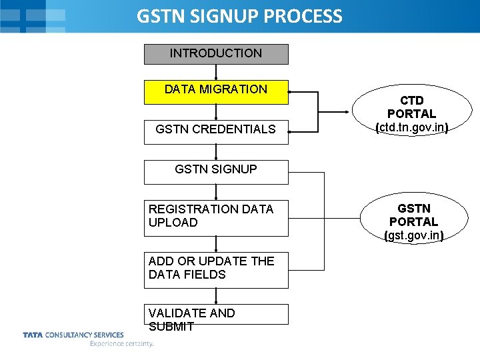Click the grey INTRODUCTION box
tap(216, 54)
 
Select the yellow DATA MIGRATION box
tap(216, 92)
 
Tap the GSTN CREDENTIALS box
tap(216, 130)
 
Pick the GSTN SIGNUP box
tap(216, 171)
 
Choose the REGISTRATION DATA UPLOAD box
tap(216, 217)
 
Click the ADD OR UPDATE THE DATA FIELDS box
tap(216, 269)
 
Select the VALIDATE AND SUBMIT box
tap(216, 315)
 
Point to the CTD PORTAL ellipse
tap(411, 113)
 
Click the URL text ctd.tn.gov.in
tap(411, 127)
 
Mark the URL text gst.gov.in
tap(414, 235)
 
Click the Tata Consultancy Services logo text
tap(73, 335)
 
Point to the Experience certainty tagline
tap(122, 344)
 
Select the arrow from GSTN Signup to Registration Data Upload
tap(216, 192)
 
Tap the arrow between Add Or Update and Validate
tap(216, 296)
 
